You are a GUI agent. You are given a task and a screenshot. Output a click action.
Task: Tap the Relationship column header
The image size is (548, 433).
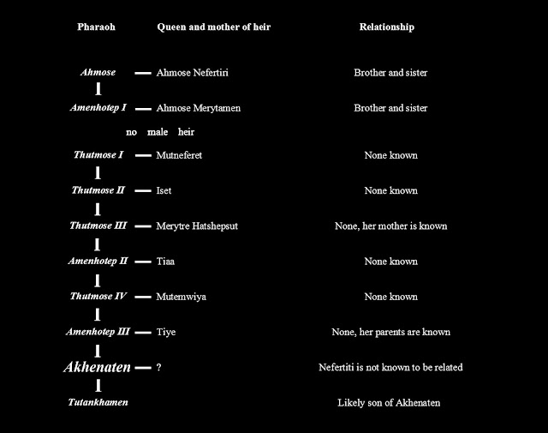386,27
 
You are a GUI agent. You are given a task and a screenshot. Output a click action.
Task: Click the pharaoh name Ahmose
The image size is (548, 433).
98,73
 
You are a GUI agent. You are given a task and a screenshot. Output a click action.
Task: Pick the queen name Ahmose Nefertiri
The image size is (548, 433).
193,73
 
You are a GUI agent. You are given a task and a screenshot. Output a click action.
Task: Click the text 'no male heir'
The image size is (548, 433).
160,132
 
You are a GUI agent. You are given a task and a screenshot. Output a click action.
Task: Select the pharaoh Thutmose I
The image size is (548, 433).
98,155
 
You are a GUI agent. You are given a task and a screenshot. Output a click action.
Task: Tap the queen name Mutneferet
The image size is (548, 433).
180,155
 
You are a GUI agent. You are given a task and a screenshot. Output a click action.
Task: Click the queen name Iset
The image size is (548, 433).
164,190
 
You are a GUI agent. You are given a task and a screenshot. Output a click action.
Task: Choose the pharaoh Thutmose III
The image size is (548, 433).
98,226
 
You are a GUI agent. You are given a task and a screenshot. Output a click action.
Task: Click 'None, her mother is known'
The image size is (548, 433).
390,226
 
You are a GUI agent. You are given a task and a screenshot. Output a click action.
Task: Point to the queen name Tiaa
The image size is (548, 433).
166,261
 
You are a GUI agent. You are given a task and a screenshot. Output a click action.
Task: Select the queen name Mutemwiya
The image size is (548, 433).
182,297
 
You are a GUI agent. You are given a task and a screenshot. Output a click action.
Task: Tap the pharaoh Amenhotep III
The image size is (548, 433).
98,332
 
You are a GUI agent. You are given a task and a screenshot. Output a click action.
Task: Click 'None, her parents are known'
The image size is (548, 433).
390,332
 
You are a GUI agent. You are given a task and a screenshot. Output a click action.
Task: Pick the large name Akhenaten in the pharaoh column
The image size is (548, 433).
98,367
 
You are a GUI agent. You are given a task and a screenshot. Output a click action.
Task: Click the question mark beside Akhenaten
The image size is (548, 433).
159,368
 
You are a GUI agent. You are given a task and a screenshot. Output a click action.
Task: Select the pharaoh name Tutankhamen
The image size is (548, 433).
98,402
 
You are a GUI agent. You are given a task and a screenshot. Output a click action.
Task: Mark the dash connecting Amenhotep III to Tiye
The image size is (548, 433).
143,332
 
